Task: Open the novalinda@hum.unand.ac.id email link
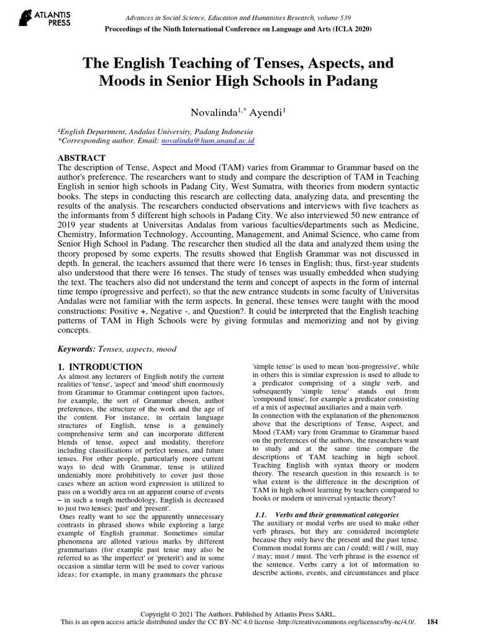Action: (x=208, y=141)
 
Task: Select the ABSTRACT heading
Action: (x=81, y=158)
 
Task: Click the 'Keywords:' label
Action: (x=77, y=350)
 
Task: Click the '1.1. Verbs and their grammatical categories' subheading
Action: (x=327, y=515)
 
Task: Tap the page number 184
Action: (x=433, y=622)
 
